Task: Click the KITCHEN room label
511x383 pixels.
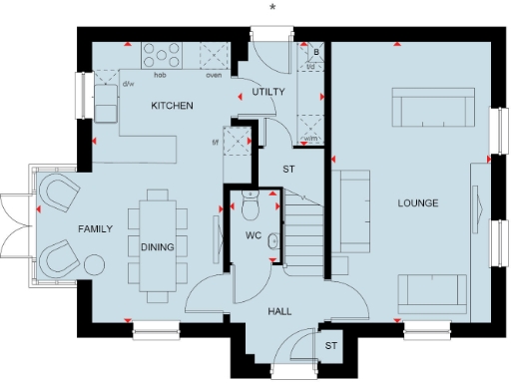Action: [x=172, y=106]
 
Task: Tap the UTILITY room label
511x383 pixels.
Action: [x=268, y=92]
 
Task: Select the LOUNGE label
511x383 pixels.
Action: [x=418, y=203]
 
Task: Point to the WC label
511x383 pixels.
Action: [x=254, y=236]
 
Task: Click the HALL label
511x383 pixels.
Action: [x=279, y=312]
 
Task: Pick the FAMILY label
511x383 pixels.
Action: [x=96, y=228]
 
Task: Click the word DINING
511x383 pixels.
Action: [x=158, y=247]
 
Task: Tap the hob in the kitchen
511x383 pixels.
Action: [x=160, y=54]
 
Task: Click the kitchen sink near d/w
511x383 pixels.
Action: [x=105, y=99]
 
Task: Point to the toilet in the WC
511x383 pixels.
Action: [x=250, y=208]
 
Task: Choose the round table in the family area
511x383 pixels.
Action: [x=94, y=265]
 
